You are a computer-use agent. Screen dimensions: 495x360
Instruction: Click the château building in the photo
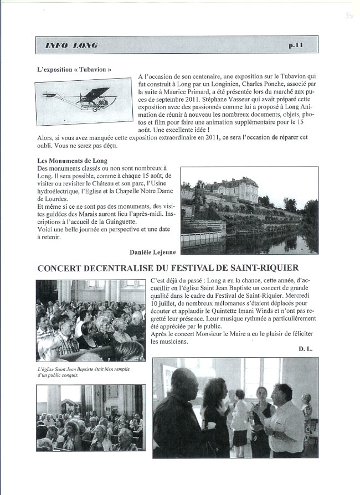[232, 190]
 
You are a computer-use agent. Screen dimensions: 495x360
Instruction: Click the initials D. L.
[306, 349]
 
